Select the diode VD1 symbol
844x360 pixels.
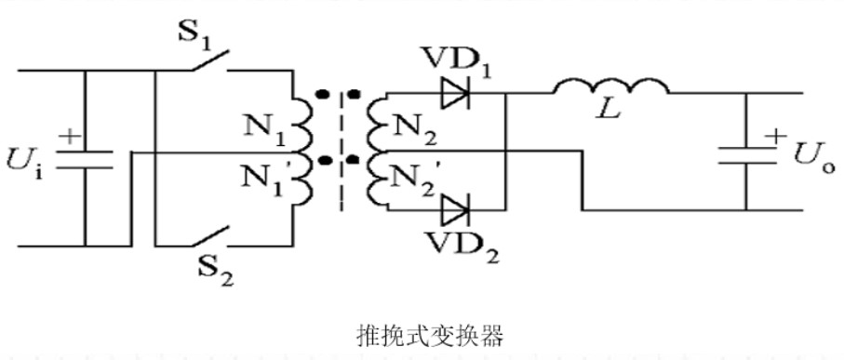tap(456, 94)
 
